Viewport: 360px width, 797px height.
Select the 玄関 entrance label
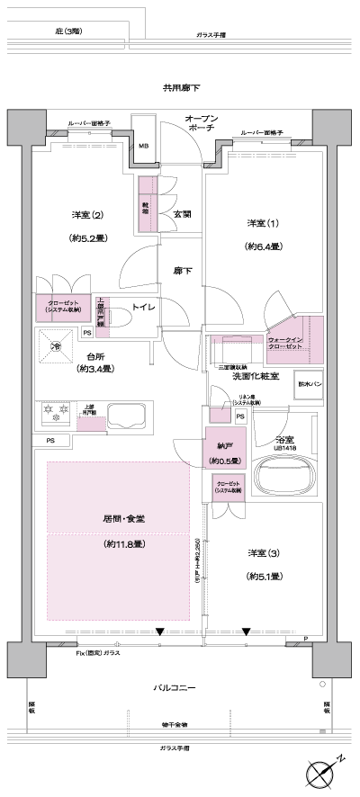click(x=181, y=214)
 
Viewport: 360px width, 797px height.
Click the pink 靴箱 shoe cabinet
click(x=145, y=206)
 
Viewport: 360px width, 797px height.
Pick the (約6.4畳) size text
click(x=264, y=246)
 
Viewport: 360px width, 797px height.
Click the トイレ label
click(x=145, y=308)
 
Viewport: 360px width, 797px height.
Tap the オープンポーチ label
click(x=199, y=124)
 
